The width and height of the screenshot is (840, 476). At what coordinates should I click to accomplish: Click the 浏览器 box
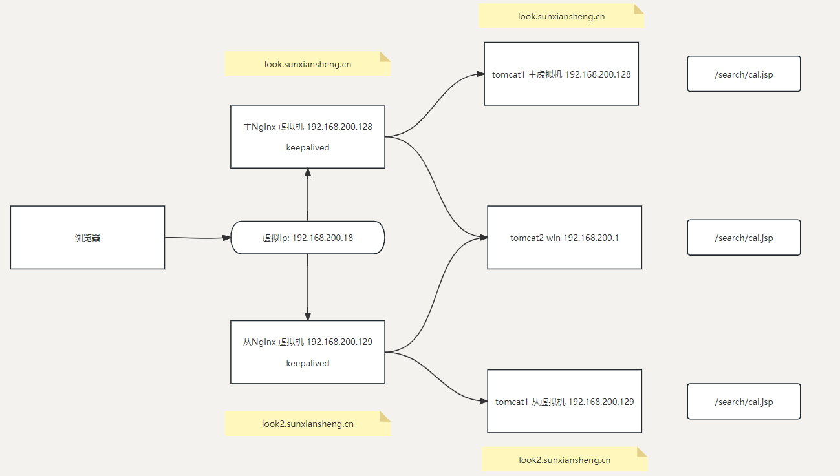click(x=87, y=238)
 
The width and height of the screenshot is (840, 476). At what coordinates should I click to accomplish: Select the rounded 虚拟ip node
click(x=308, y=238)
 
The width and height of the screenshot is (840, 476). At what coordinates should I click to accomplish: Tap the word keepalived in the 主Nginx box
click(x=308, y=147)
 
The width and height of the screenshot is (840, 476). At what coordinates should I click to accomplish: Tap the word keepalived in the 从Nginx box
click(x=308, y=363)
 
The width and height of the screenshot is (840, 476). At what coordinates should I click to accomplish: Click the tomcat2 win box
click(x=565, y=238)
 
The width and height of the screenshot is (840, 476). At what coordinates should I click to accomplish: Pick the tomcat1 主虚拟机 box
click(x=561, y=74)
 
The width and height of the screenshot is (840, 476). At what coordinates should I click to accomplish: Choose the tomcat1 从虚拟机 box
click(x=565, y=401)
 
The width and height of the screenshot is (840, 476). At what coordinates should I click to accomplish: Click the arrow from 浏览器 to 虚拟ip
click(x=198, y=238)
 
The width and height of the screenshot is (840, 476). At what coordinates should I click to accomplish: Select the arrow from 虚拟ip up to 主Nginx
click(x=308, y=195)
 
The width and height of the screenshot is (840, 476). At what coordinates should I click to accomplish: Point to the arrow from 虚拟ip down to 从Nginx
click(x=308, y=287)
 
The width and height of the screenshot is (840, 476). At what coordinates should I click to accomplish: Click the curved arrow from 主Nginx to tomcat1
click(x=435, y=105)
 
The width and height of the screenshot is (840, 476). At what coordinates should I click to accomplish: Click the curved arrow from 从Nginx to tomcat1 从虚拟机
click(x=435, y=377)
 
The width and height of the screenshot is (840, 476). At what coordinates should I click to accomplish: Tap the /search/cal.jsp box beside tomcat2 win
click(x=744, y=238)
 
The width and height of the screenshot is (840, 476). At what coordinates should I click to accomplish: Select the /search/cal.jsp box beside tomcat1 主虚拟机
click(x=744, y=74)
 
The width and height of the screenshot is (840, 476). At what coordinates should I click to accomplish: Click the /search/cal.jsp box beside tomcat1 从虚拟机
click(x=744, y=401)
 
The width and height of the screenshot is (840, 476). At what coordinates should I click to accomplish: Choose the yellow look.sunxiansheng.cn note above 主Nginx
click(x=308, y=64)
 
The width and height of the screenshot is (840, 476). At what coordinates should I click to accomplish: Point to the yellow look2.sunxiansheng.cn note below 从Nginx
click(x=308, y=424)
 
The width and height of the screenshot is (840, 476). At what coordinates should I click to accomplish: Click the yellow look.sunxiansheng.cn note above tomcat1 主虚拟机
click(x=561, y=16)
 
